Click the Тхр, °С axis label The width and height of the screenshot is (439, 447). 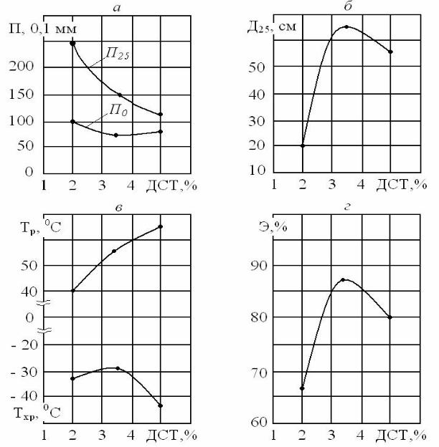pyautogui.click(x=36, y=412)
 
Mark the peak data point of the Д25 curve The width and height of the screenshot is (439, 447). pyautogui.click(x=346, y=27)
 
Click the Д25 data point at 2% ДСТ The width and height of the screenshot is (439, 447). pyautogui.click(x=302, y=145)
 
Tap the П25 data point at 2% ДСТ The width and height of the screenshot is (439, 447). pyautogui.click(x=72, y=44)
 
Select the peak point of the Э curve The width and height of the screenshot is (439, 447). pyautogui.click(x=344, y=279)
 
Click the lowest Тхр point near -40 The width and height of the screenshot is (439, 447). pyautogui.click(x=161, y=405)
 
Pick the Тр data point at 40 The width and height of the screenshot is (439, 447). pyautogui.click(x=72, y=291)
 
